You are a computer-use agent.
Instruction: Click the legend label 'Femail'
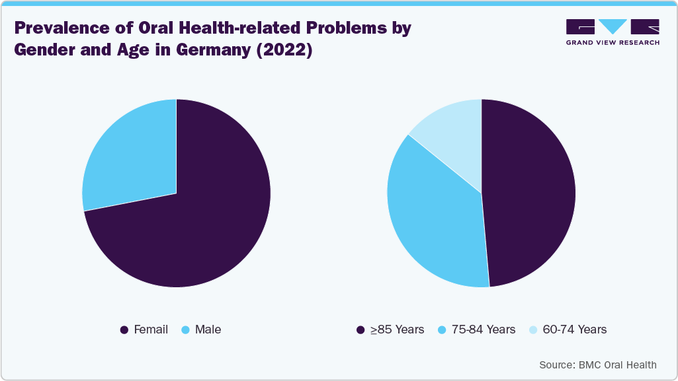[151, 329]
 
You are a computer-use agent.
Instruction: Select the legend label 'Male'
[208, 329]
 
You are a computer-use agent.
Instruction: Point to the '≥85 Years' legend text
[397, 329]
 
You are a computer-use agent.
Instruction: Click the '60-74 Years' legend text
[574, 329]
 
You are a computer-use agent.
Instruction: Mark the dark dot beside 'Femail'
[124, 329]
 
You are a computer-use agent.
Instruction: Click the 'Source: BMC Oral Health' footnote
[598, 364]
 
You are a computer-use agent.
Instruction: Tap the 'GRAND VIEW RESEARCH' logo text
[613, 42]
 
